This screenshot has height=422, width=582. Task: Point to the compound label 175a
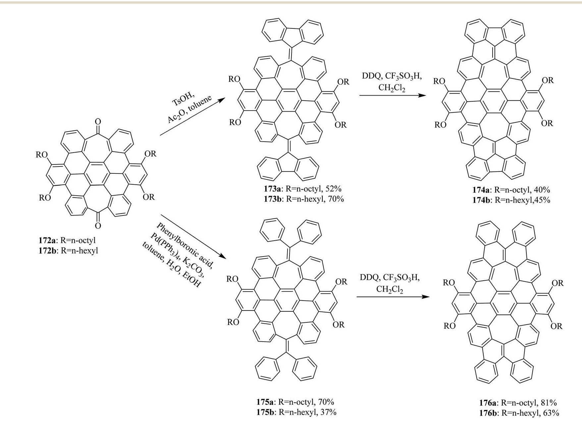click(x=265, y=402)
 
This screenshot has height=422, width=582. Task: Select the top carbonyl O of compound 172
click(x=97, y=121)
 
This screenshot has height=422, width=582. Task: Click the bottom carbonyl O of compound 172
click(x=97, y=226)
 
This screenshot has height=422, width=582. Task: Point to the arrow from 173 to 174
click(x=392, y=95)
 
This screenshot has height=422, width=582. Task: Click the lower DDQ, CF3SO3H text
click(x=390, y=278)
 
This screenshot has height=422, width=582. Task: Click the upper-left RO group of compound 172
click(x=42, y=155)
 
